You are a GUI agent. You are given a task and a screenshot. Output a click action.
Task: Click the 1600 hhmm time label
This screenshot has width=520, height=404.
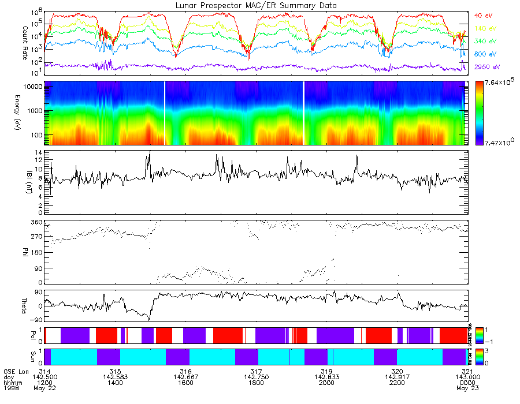point(185,382)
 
